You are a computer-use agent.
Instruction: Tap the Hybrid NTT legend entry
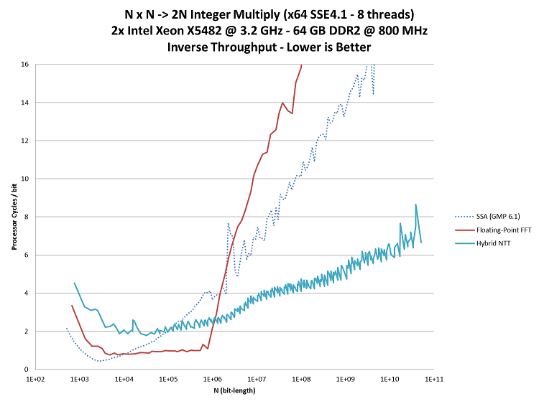(487, 245)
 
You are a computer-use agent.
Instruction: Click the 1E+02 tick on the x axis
(35, 378)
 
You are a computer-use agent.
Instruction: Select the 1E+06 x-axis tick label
(212, 378)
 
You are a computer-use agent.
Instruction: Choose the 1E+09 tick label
(345, 378)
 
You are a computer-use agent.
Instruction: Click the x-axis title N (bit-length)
(234, 391)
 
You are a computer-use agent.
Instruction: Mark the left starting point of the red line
(71, 305)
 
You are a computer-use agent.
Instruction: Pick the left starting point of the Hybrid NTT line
(74, 283)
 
